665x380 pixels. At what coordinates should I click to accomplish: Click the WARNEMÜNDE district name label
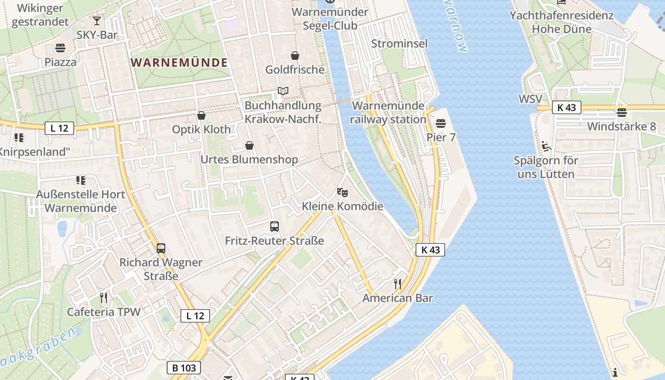pos(179,62)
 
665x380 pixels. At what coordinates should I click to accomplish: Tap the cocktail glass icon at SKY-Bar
pos(97,21)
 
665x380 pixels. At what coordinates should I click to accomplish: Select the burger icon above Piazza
pos(60,47)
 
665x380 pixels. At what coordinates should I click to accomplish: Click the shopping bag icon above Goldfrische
pos(295,56)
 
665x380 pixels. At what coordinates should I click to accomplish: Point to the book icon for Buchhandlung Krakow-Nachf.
pos(283,91)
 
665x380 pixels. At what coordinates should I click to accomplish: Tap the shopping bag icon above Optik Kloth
pos(201,115)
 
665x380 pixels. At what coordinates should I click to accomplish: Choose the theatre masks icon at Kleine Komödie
pos(342,192)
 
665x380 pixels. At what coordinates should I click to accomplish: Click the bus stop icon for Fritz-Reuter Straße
pos(275,227)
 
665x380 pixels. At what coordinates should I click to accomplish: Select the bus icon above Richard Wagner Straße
pos(161,248)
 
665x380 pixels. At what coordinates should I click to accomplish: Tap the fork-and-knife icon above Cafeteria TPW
pos(104,298)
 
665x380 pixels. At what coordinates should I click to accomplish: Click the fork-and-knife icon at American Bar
pos(398,284)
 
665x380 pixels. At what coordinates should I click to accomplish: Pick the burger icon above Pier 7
pos(441,123)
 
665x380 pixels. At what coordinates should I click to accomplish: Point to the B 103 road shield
pos(184,367)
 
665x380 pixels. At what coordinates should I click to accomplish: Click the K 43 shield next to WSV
pos(567,107)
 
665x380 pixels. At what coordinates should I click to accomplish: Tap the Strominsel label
pos(399,44)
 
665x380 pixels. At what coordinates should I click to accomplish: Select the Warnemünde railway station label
pos(388,113)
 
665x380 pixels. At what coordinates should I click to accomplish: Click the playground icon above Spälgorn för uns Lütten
pos(546,146)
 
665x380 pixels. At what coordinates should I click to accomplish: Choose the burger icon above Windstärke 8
pos(621,113)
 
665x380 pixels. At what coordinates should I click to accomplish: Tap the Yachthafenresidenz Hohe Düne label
pos(561,22)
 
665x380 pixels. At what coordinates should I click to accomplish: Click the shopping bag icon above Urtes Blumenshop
pos(249,145)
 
